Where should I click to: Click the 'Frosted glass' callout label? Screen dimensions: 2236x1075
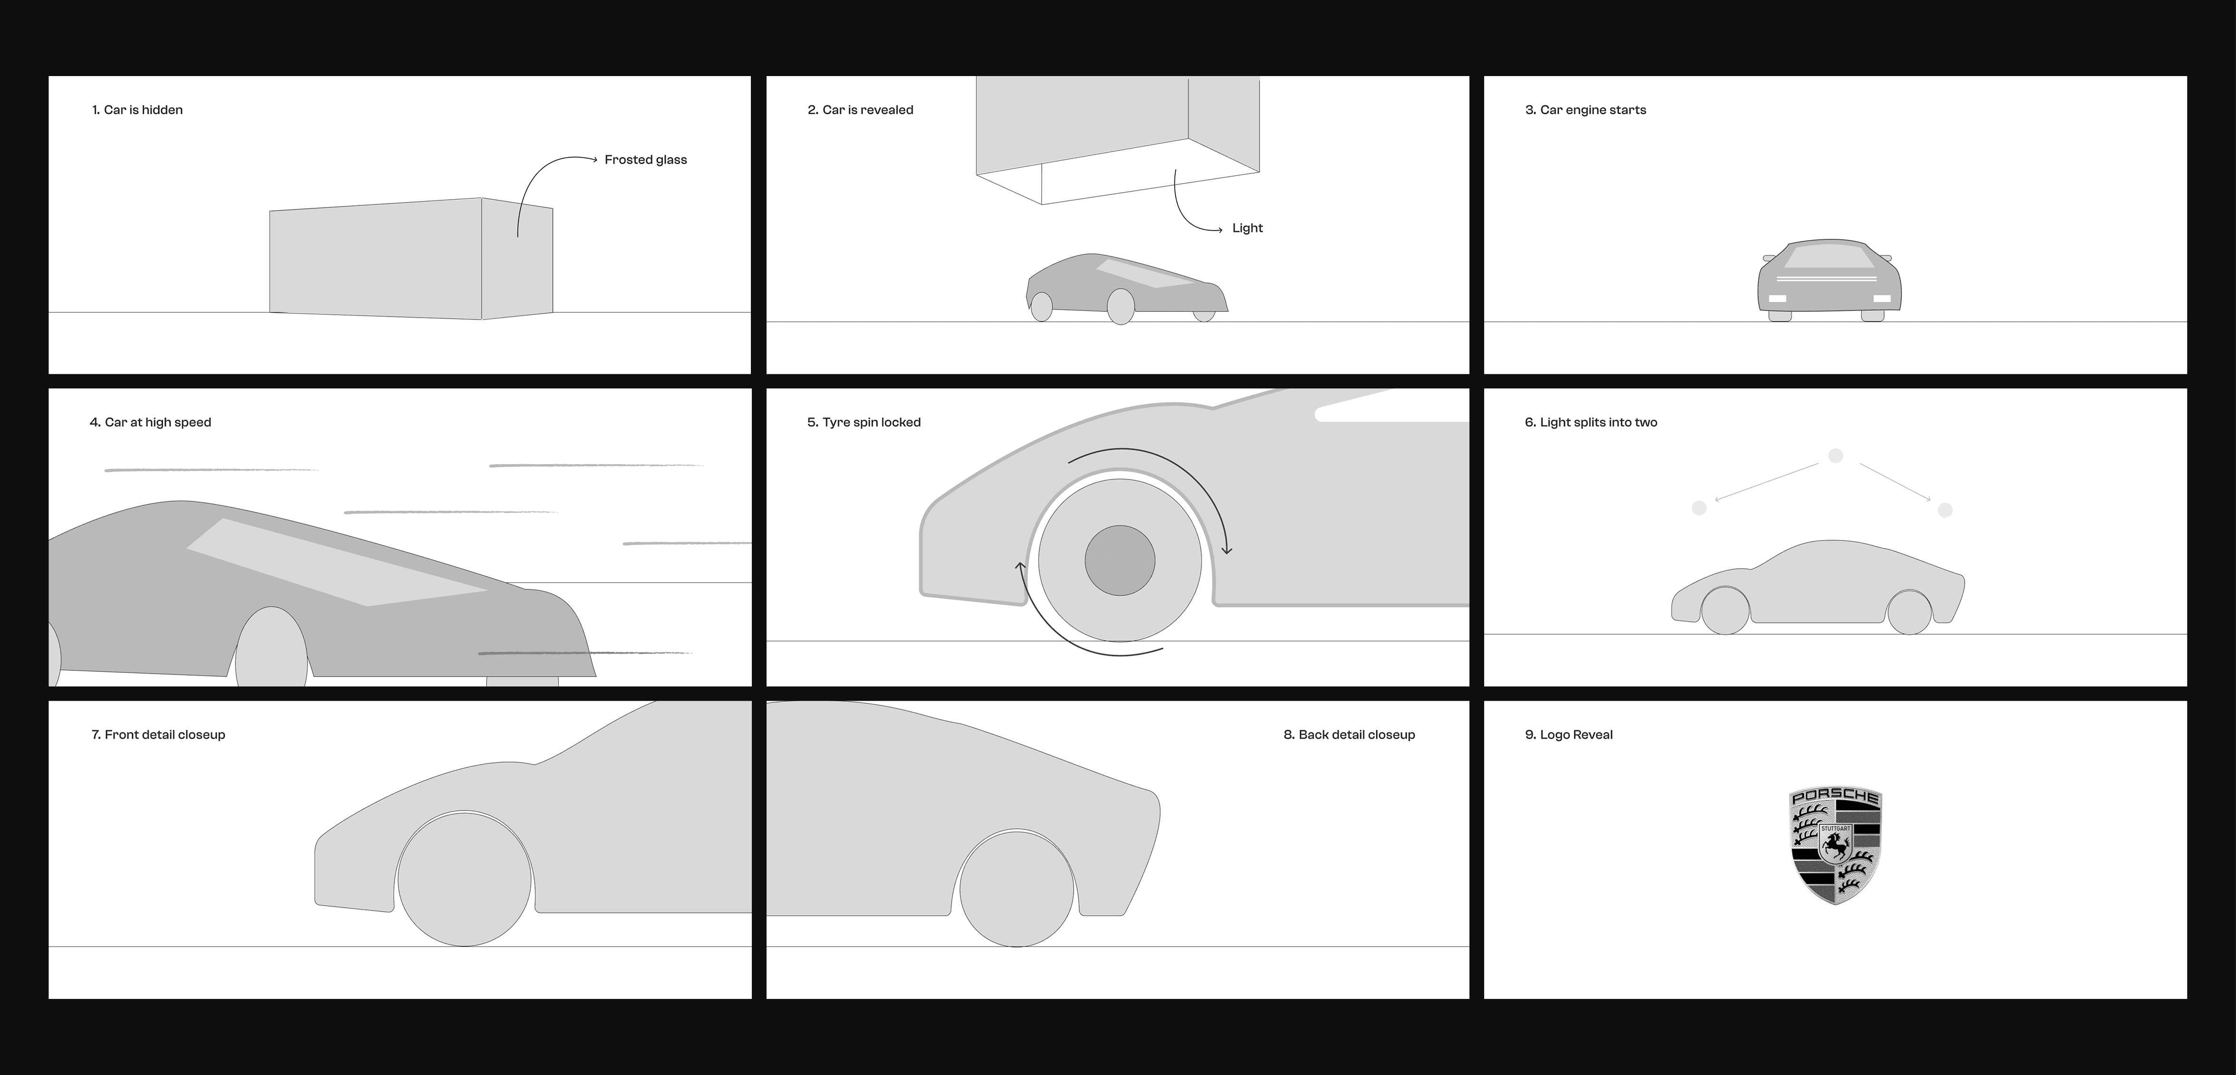(x=646, y=160)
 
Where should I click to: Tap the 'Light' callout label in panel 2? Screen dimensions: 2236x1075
(x=1248, y=228)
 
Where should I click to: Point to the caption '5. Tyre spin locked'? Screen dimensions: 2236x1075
(x=864, y=423)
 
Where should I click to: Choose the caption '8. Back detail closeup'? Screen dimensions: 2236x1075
(x=1349, y=735)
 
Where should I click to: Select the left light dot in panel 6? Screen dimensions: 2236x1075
(x=1699, y=508)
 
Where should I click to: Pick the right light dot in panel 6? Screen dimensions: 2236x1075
(x=1945, y=510)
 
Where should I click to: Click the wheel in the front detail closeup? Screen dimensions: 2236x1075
(x=464, y=879)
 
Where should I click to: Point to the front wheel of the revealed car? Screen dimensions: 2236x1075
(x=1121, y=307)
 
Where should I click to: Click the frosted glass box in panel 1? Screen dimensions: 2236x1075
(x=411, y=259)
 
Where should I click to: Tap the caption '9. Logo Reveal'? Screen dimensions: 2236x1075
(x=1568, y=735)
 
